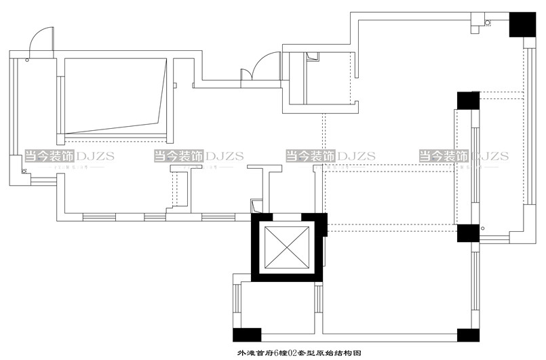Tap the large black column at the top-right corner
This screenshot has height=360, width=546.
point(522,24)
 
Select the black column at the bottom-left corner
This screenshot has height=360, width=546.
point(247,334)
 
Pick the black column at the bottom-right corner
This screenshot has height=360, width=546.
point(468,335)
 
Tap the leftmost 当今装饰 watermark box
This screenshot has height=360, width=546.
point(50,156)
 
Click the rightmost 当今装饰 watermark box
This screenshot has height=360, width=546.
point(444,156)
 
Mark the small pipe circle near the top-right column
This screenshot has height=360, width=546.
point(488,24)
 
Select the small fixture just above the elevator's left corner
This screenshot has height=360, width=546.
point(256,206)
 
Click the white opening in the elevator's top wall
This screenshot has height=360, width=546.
point(286,217)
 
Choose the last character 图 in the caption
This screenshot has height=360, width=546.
point(355,353)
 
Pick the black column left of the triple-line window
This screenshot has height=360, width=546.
point(468,100)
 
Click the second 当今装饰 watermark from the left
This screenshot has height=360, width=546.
point(179,156)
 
